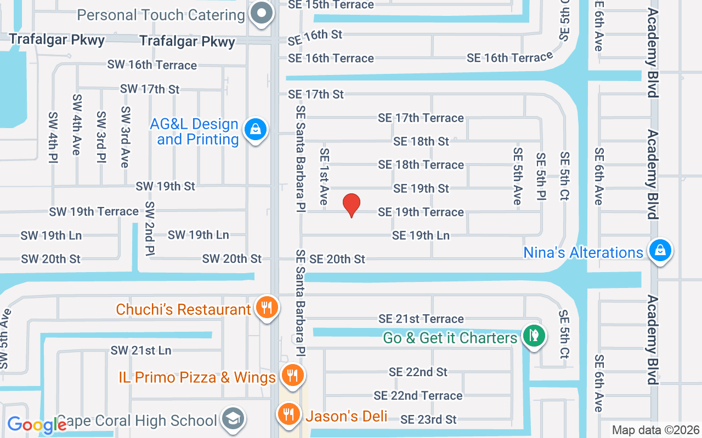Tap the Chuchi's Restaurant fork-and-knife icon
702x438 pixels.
pyautogui.click(x=267, y=308)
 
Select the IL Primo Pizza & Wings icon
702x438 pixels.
pyautogui.click(x=292, y=376)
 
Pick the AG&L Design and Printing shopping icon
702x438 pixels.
pyautogui.click(x=255, y=130)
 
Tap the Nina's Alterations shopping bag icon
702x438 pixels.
pyautogui.click(x=660, y=251)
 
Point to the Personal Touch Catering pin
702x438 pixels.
pyautogui.click(x=262, y=13)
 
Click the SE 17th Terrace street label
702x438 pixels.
pyautogui.click(x=421, y=118)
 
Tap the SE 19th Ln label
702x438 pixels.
pyautogui.click(x=421, y=235)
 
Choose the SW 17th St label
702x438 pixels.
pyautogui.click(x=150, y=89)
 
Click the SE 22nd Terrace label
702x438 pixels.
pyautogui.click(x=418, y=395)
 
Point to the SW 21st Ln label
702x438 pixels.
pyautogui.click(x=141, y=350)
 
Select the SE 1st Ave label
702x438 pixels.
pyautogui.click(x=324, y=177)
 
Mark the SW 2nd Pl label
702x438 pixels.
pyautogui.click(x=149, y=229)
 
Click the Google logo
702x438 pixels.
pyautogui.click(x=37, y=424)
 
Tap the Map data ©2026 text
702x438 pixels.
pyautogui.click(x=656, y=430)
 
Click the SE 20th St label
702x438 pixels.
pyautogui.click(x=337, y=259)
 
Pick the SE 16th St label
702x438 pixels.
pyautogui.click(x=315, y=34)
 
